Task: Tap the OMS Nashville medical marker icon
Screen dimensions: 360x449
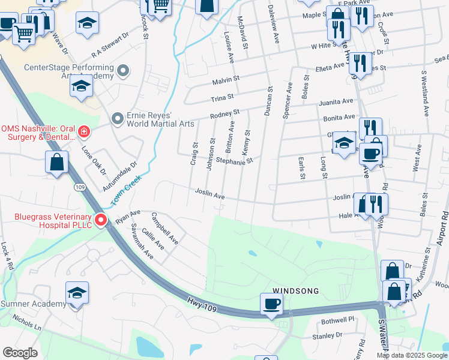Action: [x=85, y=130]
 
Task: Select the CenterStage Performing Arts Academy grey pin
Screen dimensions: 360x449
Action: [x=124, y=71]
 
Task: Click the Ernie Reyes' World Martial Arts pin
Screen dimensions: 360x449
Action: [x=116, y=118]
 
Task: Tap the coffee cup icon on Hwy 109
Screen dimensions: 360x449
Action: [x=271, y=304]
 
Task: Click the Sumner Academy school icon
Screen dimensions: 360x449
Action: [x=77, y=293]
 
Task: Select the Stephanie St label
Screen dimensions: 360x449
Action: [x=235, y=161]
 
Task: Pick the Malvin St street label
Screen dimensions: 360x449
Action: [x=225, y=79]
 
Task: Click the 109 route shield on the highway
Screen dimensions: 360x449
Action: [x=79, y=187]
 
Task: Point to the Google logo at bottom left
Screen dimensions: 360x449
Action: [x=20, y=353]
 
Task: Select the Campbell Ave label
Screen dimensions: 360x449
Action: [x=165, y=228]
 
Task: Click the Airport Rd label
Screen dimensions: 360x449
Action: [x=442, y=227]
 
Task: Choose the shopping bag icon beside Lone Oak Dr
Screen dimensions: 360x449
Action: [x=56, y=163]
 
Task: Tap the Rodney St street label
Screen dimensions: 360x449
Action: [x=224, y=113]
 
